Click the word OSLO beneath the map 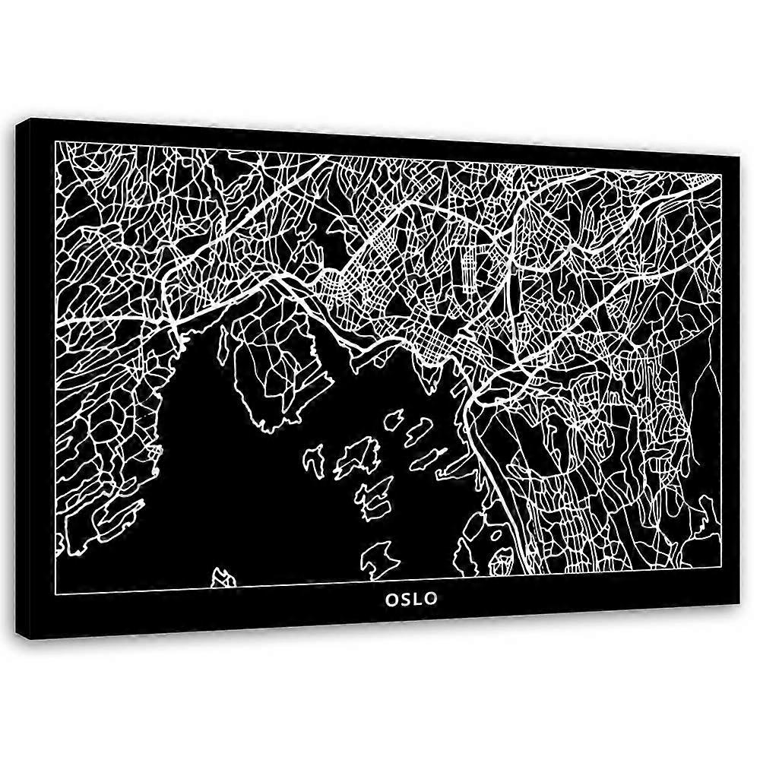(x=411, y=598)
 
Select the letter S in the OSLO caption (x=405, y=598)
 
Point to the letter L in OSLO (x=418, y=598)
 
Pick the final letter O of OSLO (x=432, y=598)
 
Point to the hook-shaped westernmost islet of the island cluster (x=314, y=460)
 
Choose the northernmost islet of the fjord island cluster (x=395, y=418)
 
